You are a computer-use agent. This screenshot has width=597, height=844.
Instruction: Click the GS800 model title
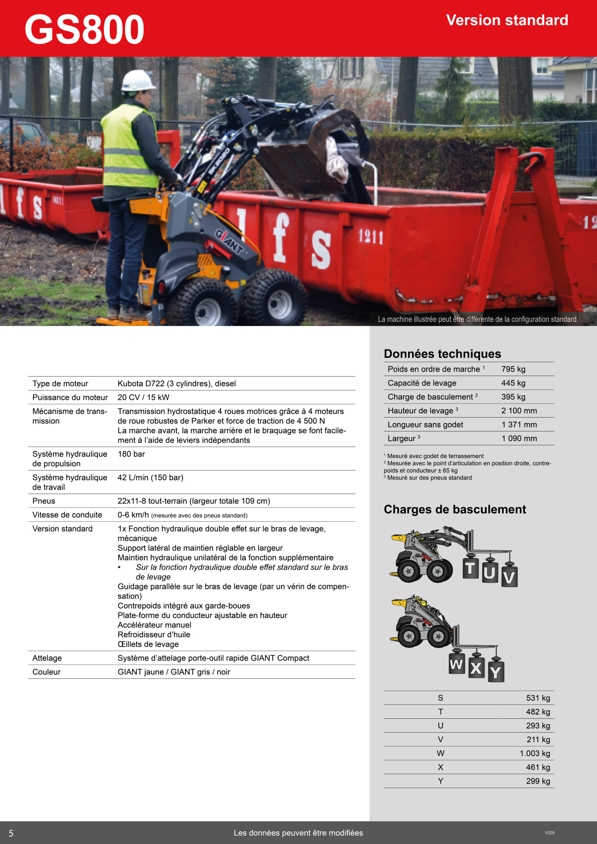pyautogui.click(x=84, y=29)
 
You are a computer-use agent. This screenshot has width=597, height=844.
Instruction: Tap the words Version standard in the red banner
pyautogui.click(x=507, y=20)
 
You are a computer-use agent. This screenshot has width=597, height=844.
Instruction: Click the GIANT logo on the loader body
pyautogui.click(x=229, y=241)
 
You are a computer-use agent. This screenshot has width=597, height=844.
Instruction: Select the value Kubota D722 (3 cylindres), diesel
pyautogui.click(x=176, y=383)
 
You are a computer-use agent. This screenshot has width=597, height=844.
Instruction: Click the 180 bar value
pyautogui.click(x=131, y=454)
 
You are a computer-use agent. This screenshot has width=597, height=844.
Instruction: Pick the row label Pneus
pyautogui.click(x=44, y=501)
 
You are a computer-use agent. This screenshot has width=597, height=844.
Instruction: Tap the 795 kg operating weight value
pyautogui.click(x=513, y=369)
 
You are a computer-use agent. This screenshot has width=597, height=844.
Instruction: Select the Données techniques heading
pyautogui.click(x=442, y=354)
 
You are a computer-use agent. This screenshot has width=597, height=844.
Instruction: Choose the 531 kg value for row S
pyautogui.click(x=538, y=698)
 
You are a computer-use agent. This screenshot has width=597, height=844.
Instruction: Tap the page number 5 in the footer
pyautogui.click(x=11, y=833)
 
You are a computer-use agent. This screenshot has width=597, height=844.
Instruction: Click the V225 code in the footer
pyautogui.click(x=549, y=832)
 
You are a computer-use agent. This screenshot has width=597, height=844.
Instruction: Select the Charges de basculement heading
pyautogui.click(x=455, y=509)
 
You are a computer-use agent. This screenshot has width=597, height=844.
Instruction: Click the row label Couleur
pyautogui.click(x=47, y=672)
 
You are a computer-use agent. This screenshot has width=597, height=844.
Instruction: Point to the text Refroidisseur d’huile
pyautogui.click(x=154, y=634)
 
